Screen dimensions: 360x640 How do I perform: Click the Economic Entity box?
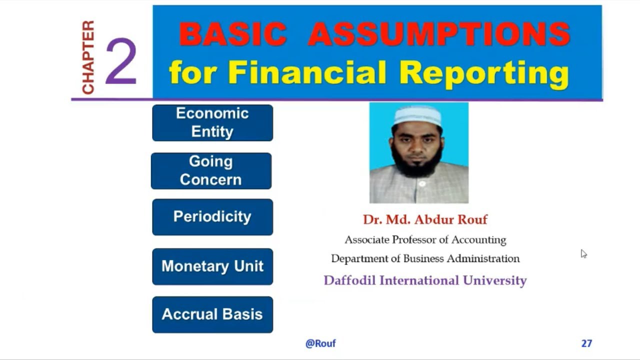tap(212, 122)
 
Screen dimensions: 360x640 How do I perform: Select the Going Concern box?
tap(211, 171)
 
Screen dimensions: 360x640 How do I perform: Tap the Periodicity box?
tap(212, 217)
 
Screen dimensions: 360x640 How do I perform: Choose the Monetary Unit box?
tap(212, 266)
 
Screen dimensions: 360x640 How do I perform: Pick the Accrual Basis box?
tap(212, 314)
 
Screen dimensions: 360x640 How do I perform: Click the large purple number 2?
tap(121, 62)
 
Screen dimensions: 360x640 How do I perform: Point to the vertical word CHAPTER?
tap(88, 57)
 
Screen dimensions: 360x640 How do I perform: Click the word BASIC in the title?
tap(232, 34)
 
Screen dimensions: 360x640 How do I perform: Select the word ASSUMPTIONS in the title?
tap(438, 34)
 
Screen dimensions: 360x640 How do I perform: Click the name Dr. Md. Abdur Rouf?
tap(425, 219)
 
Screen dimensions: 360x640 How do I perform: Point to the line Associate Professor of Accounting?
tap(425, 240)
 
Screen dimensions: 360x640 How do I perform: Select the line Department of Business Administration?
tap(425, 259)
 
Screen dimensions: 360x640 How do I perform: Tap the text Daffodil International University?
tap(425, 280)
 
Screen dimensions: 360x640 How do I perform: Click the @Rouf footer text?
tap(320, 343)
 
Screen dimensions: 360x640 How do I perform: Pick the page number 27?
tap(586, 343)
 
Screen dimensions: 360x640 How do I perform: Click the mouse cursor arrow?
tap(583, 253)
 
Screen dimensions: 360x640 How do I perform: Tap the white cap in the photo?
tap(417, 116)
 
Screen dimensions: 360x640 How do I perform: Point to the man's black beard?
tap(417, 160)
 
